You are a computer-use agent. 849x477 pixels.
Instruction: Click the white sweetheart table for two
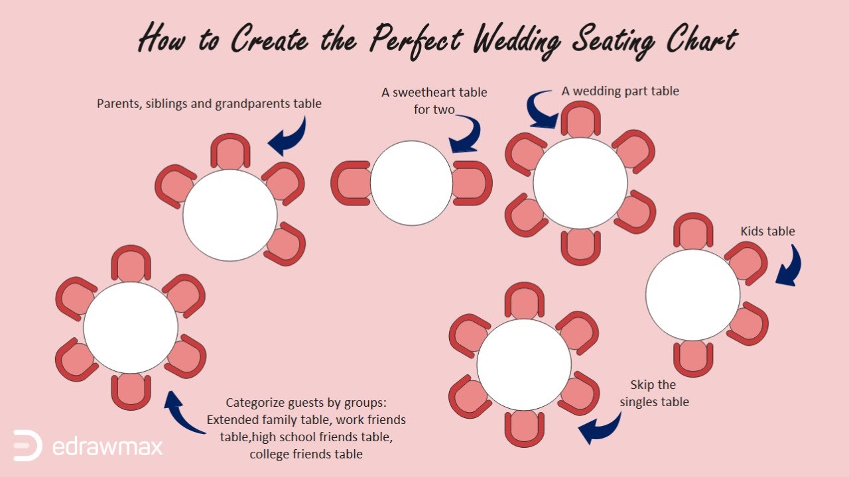[411, 184]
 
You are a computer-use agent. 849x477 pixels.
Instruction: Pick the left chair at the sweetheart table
[351, 183]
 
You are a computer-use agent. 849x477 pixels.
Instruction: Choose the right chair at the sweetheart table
[472, 183]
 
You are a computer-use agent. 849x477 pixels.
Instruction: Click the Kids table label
[767, 231]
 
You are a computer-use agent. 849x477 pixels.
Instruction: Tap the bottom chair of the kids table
[693, 358]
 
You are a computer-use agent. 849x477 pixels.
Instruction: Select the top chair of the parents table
[230, 152]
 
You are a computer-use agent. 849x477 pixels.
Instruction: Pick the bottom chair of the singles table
[525, 427]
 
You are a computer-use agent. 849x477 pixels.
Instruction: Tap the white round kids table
[692, 295]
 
